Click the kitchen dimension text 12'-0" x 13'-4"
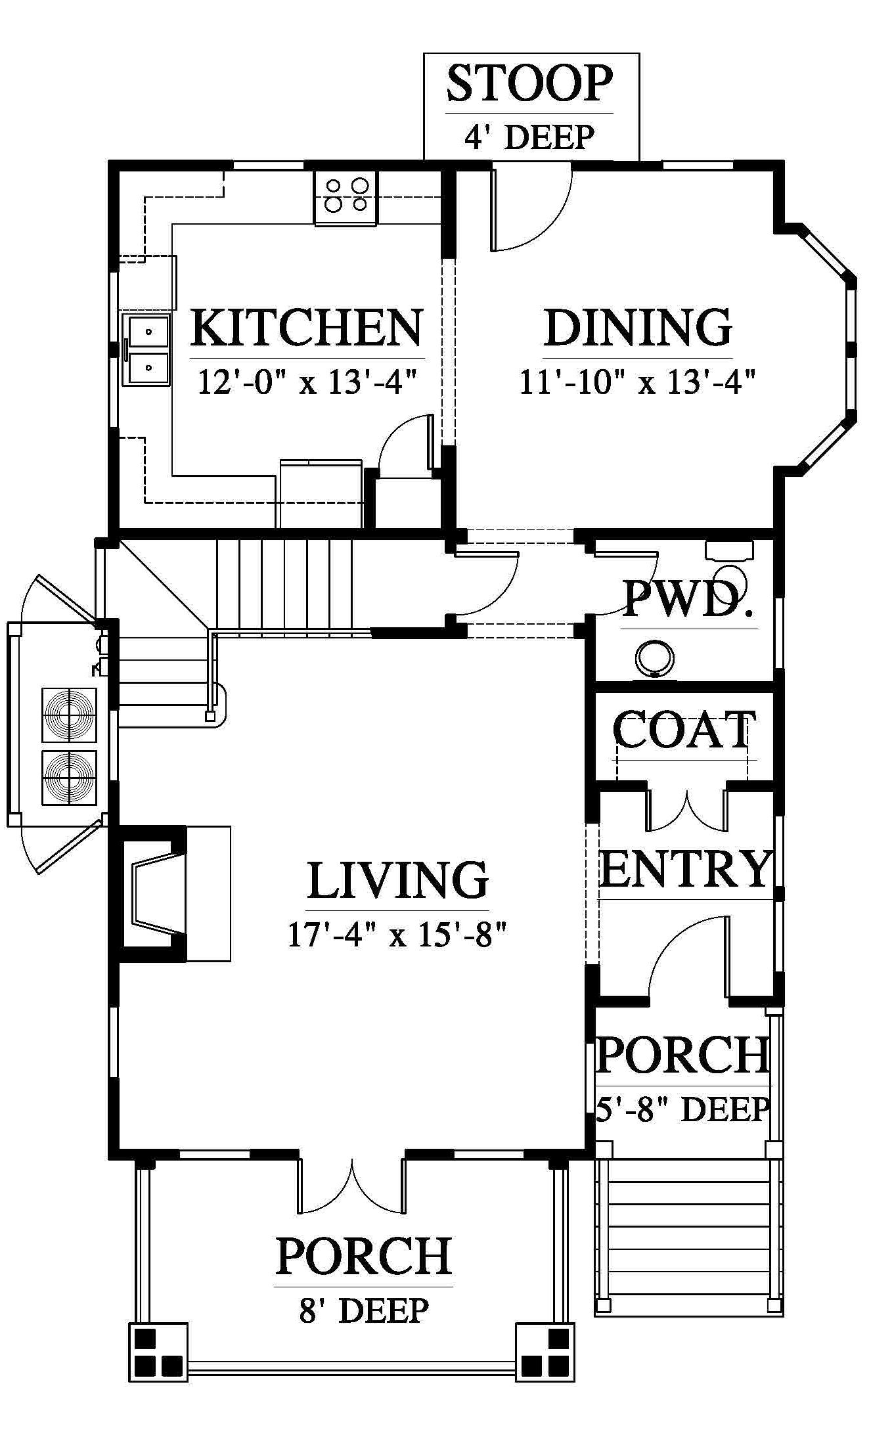[308, 382]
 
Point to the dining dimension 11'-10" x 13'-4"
[638, 382]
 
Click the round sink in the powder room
[654, 659]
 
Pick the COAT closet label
[684, 730]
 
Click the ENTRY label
[685, 868]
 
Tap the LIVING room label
[399, 880]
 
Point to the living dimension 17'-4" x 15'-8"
[399, 935]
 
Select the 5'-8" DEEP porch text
[683, 1109]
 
